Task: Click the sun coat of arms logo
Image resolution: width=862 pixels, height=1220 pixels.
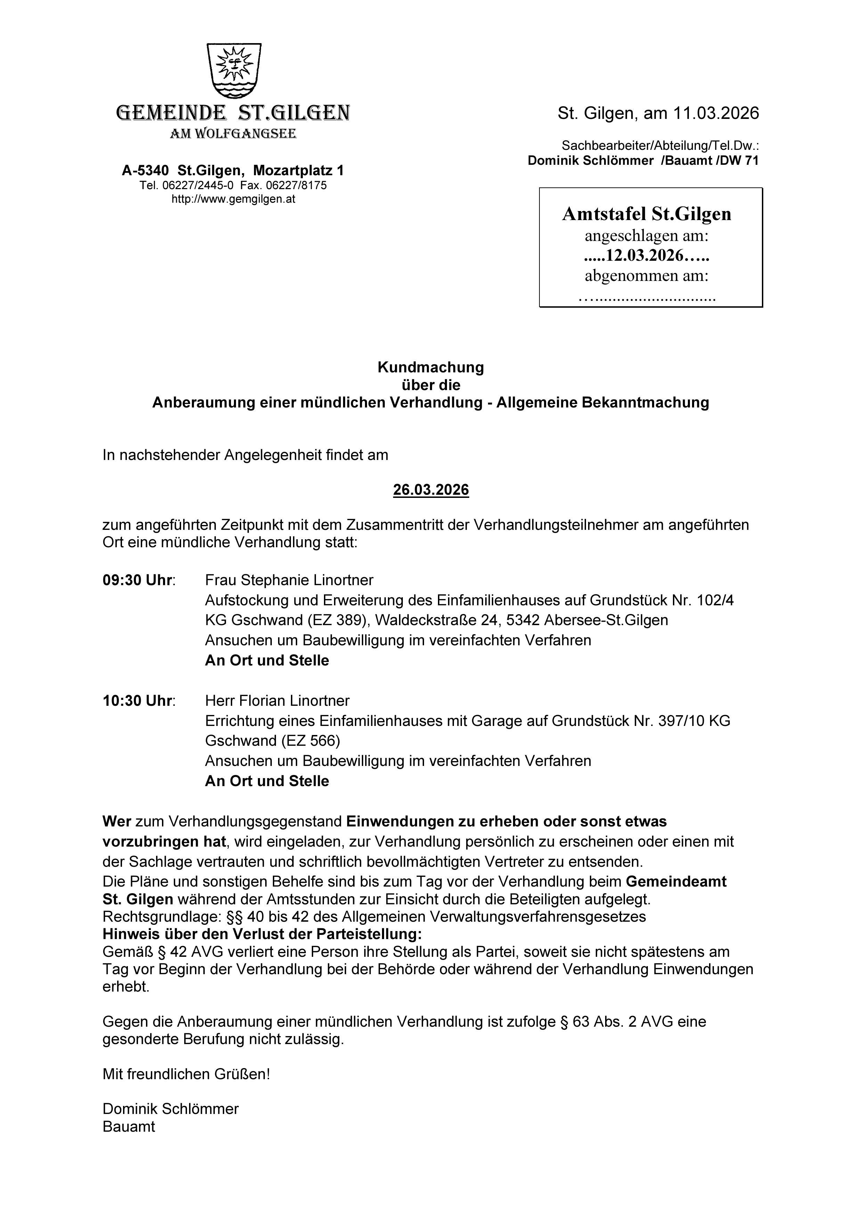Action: click(x=234, y=70)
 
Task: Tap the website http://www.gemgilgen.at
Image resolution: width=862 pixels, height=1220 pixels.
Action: click(x=233, y=199)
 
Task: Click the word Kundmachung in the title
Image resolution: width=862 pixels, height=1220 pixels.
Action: click(x=431, y=367)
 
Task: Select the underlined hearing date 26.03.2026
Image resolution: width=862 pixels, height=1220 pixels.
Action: click(x=431, y=490)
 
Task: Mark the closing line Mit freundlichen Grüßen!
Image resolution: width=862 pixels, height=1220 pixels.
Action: click(x=186, y=1074)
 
